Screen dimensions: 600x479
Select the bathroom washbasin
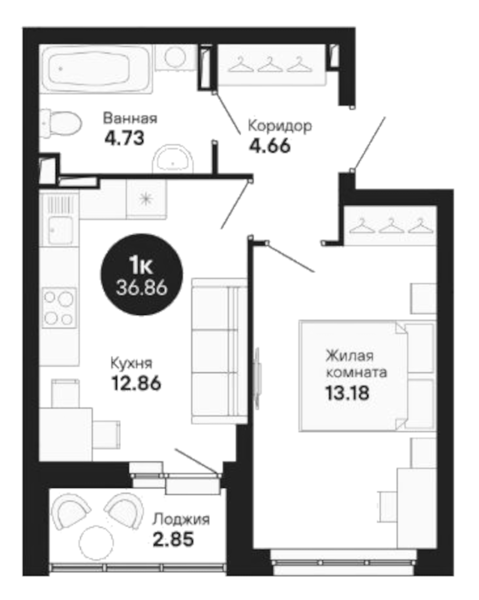click(173, 158)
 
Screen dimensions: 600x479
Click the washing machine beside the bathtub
click(175, 56)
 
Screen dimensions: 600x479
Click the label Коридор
click(279, 126)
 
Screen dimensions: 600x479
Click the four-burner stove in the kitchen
click(59, 308)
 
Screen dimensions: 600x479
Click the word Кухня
click(131, 363)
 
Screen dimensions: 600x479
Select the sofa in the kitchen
click(218, 350)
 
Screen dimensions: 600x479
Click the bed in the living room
click(367, 375)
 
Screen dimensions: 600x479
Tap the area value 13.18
click(347, 393)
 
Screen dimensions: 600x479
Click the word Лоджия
click(181, 520)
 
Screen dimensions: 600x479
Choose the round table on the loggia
click(96, 543)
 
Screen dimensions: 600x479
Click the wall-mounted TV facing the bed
click(257, 378)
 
